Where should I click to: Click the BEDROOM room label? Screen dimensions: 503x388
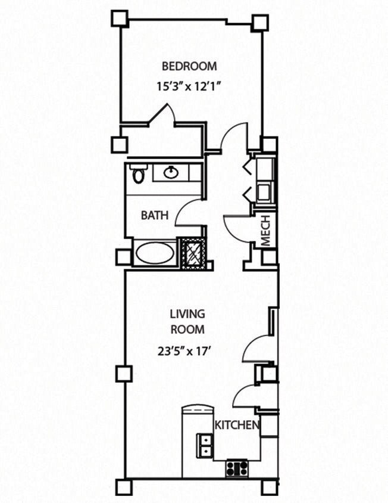[189, 66]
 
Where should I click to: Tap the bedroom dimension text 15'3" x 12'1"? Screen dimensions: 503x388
[189, 85]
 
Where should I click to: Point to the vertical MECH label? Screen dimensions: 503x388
[266, 230]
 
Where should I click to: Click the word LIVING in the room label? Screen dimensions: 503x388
[187, 313]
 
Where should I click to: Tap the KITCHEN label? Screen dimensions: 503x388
[237, 425]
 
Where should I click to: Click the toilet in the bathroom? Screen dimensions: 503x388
[139, 175]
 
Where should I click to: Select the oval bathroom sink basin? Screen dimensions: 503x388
[171, 173]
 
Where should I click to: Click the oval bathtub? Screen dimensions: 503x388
[155, 253]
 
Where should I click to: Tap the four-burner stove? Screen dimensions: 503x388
[236, 468]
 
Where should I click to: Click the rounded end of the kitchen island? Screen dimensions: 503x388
[197, 410]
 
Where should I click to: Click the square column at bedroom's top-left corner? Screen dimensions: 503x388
[120, 18]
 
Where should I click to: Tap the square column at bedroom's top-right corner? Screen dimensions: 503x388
[259, 23]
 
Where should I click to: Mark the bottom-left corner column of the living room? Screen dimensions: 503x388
[123, 487]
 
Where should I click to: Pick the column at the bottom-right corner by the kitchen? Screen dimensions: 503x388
[269, 487]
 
